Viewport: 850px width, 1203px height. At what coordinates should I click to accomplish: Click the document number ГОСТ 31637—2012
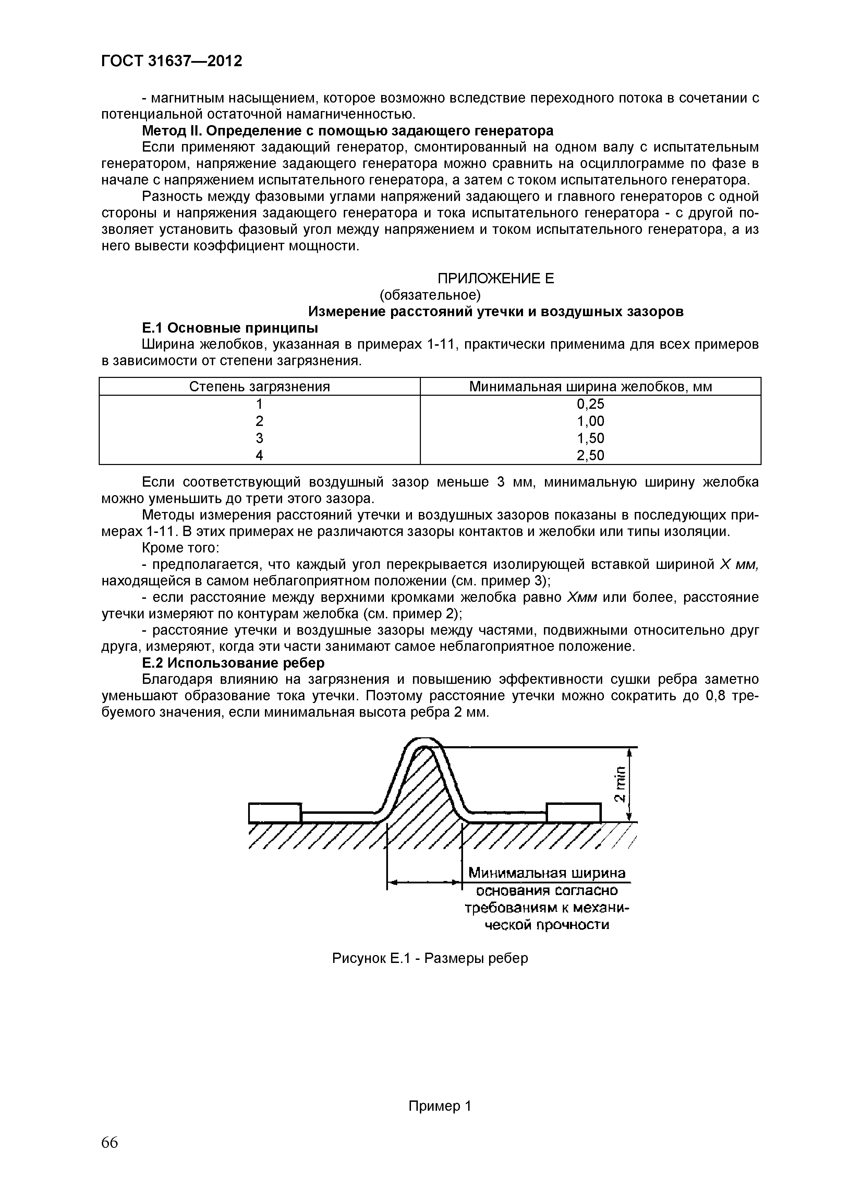coord(172,61)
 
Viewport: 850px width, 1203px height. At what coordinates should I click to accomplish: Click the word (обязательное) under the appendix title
coord(429,295)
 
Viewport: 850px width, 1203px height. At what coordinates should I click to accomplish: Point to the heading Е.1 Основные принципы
coord(230,328)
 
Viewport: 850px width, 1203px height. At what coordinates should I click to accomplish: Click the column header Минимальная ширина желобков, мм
coord(590,387)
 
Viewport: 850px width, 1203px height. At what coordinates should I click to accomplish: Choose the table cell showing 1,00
coord(590,421)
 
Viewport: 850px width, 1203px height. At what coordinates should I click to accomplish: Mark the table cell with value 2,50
coord(590,455)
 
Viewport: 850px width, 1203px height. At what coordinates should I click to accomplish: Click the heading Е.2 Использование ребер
coord(233,663)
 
